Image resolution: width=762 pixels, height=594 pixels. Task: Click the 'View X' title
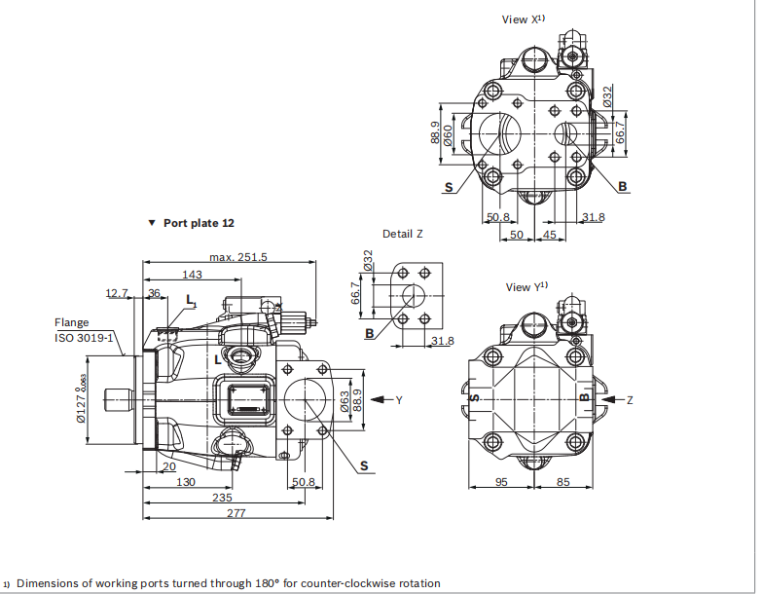click(523, 19)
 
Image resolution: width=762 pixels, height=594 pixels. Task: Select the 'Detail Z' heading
click(402, 234)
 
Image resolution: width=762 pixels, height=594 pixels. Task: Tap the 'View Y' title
click(526, 287)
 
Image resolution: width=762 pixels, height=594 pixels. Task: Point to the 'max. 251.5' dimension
click(237, 257)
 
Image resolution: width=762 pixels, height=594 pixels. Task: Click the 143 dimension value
click(192, 275)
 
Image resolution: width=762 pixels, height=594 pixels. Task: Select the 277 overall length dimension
click(236, 513)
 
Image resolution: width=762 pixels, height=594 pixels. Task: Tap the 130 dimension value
click(186, 482)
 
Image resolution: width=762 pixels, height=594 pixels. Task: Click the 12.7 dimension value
click(117, 292)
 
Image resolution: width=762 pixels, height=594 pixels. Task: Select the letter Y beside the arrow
click(398, 400)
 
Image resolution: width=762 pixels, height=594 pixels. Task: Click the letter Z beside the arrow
click(629, 400)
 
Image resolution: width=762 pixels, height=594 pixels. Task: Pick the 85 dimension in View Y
click(563, 482)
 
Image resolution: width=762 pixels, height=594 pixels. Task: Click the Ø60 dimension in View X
click(448, 135)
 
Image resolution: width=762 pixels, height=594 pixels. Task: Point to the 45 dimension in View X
click(550, 235)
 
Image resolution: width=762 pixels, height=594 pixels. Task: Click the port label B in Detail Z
click(369, 334)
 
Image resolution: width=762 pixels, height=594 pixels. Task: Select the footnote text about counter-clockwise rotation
click(226, 583)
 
